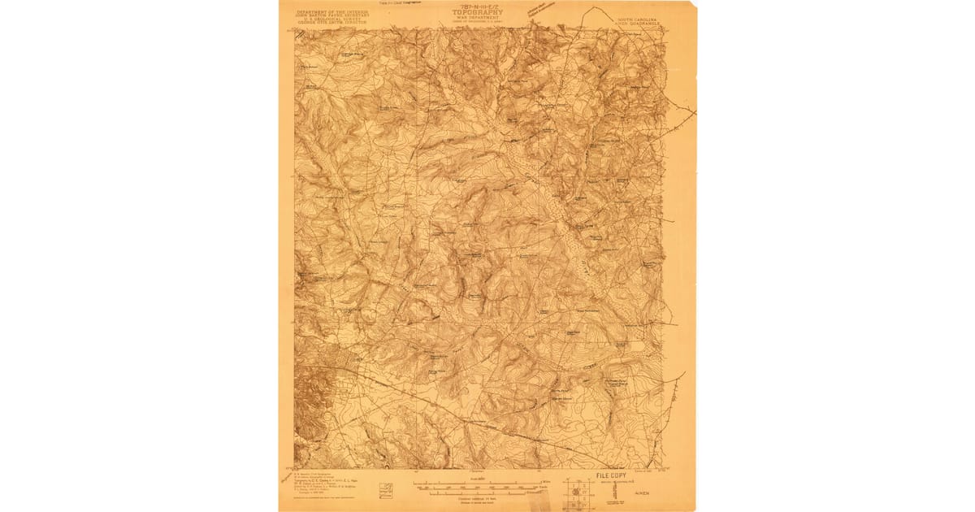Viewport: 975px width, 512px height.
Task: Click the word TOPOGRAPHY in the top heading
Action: [479, 12]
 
